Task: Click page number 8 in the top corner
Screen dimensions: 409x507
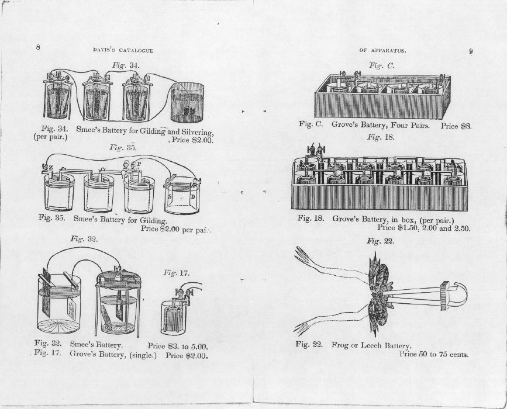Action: [38, 47]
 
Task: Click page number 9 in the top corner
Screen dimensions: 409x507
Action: [471, 51]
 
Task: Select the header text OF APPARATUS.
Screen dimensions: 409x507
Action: [383, 51]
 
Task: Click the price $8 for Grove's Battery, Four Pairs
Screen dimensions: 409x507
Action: [464, 125]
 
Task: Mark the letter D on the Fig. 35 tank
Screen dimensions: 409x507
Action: [193, 197]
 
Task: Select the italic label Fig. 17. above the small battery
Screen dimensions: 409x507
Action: [177, 273]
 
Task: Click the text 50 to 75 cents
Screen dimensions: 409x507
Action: [444, 354]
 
